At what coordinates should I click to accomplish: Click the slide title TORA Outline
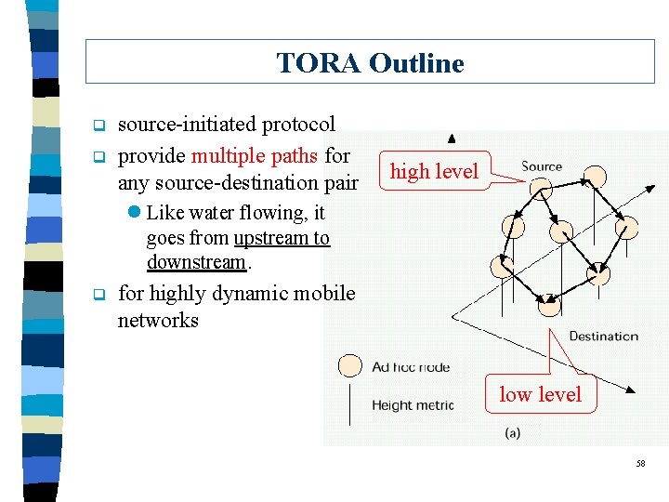(x=370, y=63)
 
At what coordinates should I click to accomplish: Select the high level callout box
(x=434, y=171)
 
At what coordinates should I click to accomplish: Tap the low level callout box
(x=540, y=394)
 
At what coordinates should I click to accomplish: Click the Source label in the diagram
(x=542, y=166)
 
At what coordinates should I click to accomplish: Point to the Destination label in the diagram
(x=603, y=336)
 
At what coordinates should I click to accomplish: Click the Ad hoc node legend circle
(x=349, y=366)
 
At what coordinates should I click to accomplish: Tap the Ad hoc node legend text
(x=411, y=367)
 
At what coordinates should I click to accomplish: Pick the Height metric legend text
(x=413, y=404)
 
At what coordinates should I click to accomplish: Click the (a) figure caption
(x=512, y=433)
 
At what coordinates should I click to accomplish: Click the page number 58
(x=640, y=463)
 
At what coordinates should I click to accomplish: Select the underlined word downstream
(x=196, y=262)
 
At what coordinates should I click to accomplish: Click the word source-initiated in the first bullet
(x=189, y=125)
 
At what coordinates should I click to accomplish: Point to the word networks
(x=158, y=321)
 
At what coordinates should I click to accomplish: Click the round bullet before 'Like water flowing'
(x=137, y=213)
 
